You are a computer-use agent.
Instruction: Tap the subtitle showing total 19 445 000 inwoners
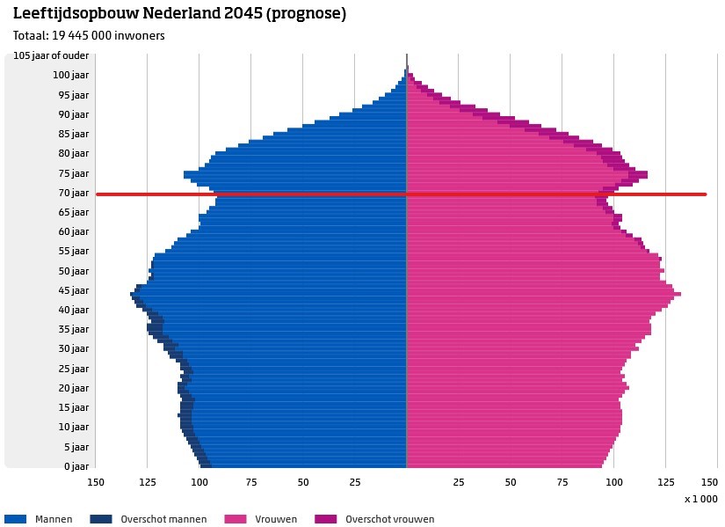click(x=89, y=36)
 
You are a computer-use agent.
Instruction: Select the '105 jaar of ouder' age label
click(x=51, y=56)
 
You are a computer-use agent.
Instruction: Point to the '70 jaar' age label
click(x=75, y=193)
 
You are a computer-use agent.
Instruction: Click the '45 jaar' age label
click(x=75, y=290)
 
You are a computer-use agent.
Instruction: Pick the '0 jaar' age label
click(x=77, y=466)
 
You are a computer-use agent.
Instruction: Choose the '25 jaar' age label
click(x=75, y=369)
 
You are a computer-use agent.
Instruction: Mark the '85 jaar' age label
click(x=75, y=134)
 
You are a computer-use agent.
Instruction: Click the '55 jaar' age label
click(x=75, y=251)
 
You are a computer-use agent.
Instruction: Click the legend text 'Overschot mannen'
click(x=163, y=519)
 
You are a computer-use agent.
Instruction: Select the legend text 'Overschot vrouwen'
click(x=390, y=519)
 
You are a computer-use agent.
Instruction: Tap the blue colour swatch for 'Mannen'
click(x=16, y=519)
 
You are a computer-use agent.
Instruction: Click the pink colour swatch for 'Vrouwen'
click(x=236, y=519)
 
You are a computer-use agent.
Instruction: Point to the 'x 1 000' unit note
click(x=700, y=499)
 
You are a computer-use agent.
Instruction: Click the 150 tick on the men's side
click(x=96, y=482)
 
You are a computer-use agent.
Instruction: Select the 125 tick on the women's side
click(x=665, y=482)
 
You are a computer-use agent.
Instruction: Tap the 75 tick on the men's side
click(x=250, y=482)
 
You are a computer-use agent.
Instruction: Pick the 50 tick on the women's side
click(x=510, y=482)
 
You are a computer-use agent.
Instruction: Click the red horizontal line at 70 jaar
click(x=527, y=194)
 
